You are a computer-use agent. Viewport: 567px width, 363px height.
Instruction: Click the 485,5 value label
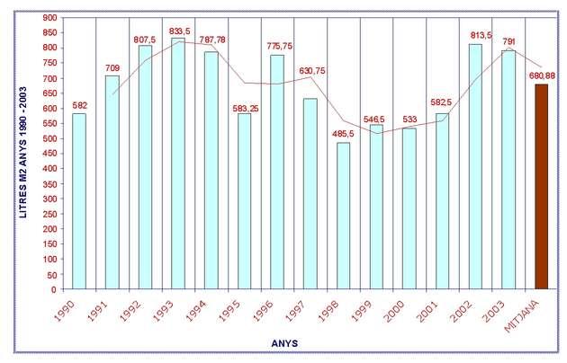point(344,134)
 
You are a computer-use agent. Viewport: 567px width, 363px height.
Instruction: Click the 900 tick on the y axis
point(49,18)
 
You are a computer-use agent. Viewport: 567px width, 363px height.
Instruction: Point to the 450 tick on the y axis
point(49,154)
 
